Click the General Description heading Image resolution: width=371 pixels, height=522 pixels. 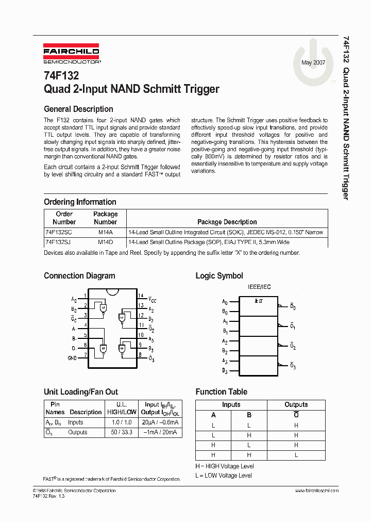[78, 109]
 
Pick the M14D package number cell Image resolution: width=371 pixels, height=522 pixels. [105, 242]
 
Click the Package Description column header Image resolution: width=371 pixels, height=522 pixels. [227, 222]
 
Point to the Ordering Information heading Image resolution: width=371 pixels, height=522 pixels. [80, 202]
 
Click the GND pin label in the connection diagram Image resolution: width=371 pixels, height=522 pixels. [72, 357]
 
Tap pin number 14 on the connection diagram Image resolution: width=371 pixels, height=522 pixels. [140, 296]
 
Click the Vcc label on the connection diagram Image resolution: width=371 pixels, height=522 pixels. [152, 299]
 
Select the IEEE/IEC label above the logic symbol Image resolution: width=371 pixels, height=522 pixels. [259, 287]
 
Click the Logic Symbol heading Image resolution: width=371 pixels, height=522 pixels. [219, 276]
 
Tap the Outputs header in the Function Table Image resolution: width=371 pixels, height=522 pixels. [296, 404]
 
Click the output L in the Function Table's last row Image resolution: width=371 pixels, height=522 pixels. [296, 454]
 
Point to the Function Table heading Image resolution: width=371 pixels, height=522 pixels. [221, 391]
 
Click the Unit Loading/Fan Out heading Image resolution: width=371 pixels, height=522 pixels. [81, 391]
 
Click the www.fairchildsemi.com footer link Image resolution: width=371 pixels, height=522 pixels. [316, 491]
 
